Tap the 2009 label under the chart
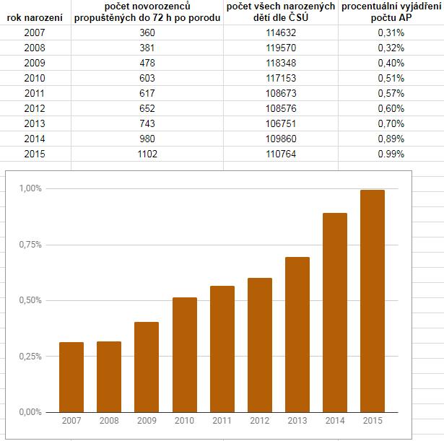(147, 421)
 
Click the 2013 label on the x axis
(297, 421)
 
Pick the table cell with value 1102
(147, 154)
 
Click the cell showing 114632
(282, 32)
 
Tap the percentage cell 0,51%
(391, 78)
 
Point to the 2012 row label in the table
(34, 108)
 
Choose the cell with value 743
(147, 123)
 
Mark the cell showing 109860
(282, 139)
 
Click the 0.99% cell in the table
(391, 154)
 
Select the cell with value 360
(147, 32)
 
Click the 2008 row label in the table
(34, 48)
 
